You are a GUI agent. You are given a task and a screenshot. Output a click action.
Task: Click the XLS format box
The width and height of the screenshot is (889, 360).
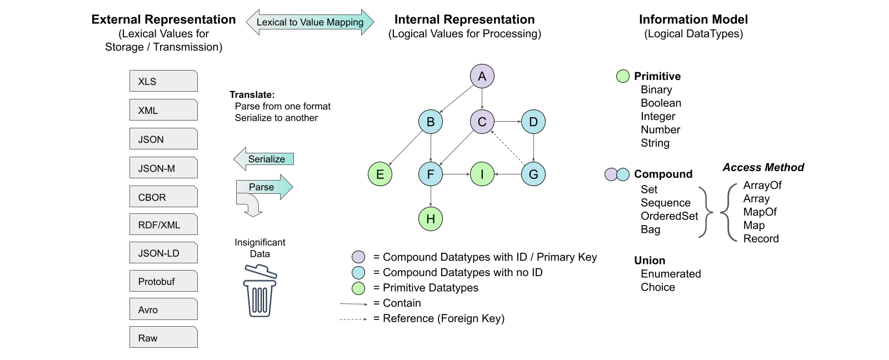[163, 81]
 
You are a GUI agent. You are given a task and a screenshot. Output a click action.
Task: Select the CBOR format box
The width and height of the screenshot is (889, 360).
[163, 197]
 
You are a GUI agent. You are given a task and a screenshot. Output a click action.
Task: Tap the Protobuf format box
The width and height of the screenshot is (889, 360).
[163, 281]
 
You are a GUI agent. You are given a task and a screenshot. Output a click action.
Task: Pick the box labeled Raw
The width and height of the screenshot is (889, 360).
[163, 337]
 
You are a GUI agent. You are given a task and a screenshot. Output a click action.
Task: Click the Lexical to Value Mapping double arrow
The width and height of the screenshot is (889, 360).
[309, 22]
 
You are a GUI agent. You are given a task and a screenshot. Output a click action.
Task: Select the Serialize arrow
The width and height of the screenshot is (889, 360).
[264, 159]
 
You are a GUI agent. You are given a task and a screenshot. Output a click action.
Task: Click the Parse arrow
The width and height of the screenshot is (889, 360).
[264, 187]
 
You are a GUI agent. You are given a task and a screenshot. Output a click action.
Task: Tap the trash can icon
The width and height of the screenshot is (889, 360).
[259, 291]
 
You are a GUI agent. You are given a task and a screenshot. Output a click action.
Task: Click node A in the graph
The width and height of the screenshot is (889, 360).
[482, 76]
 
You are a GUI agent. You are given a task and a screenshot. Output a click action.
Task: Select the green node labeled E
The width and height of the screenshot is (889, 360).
[380, 174]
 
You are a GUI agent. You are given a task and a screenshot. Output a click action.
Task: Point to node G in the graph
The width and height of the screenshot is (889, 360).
[533, 174]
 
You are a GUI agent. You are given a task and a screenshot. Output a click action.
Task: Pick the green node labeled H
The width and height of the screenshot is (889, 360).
[431, 219]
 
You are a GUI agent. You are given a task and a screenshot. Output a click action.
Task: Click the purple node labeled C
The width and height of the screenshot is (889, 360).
[482, 122]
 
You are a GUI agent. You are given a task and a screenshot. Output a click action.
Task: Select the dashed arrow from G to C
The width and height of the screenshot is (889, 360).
[508, 148]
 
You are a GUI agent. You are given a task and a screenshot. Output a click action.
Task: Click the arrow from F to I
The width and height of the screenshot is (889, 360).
[456, 174]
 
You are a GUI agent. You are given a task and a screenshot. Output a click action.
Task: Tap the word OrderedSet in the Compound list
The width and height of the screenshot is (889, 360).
[669, 216]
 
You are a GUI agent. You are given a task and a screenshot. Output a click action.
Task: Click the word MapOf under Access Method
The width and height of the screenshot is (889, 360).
[760, 212]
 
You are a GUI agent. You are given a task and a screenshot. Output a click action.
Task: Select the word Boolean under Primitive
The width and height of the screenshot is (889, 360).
[661, 103]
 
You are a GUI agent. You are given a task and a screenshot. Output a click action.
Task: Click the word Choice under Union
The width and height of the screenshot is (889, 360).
[658, 287]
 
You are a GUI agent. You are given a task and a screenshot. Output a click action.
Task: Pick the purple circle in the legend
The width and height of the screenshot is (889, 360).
[358, 257]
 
